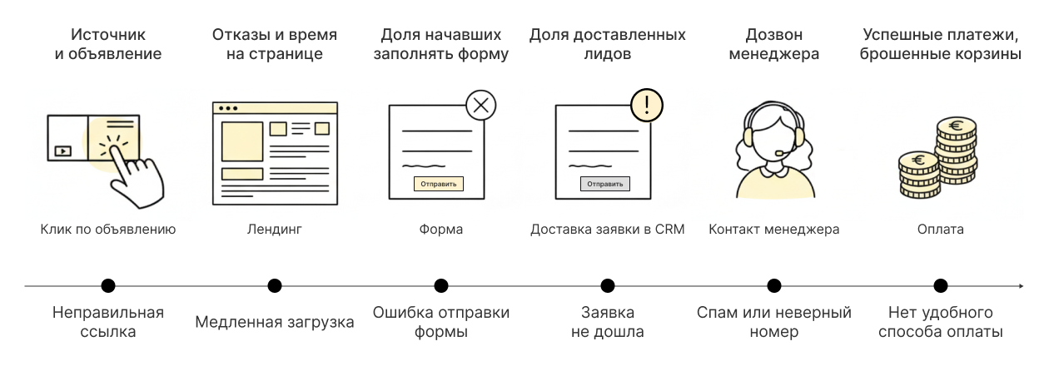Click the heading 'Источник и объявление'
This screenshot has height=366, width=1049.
[108, 45]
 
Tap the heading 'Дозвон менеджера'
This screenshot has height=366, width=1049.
[773, 45]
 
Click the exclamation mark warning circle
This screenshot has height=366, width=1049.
[647, 106]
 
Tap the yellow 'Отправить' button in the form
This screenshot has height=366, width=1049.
[438, 184]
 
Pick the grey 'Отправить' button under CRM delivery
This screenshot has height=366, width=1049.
[604, 184]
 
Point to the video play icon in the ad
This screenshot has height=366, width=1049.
[62, 151]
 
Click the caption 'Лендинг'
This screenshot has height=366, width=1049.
[274, 230]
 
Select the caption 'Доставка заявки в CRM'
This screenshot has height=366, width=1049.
[607, 230]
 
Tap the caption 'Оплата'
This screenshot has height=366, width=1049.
[940, 230]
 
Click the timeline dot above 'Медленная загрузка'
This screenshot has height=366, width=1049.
[275, 286]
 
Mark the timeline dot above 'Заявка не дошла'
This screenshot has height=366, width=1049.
[608, 286]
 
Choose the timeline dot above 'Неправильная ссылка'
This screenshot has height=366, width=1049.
[108, 286]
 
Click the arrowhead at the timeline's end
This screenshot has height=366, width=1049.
[1020, 286]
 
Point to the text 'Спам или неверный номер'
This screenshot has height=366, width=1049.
[773, 323]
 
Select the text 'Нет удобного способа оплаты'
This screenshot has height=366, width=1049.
[940, 323]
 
